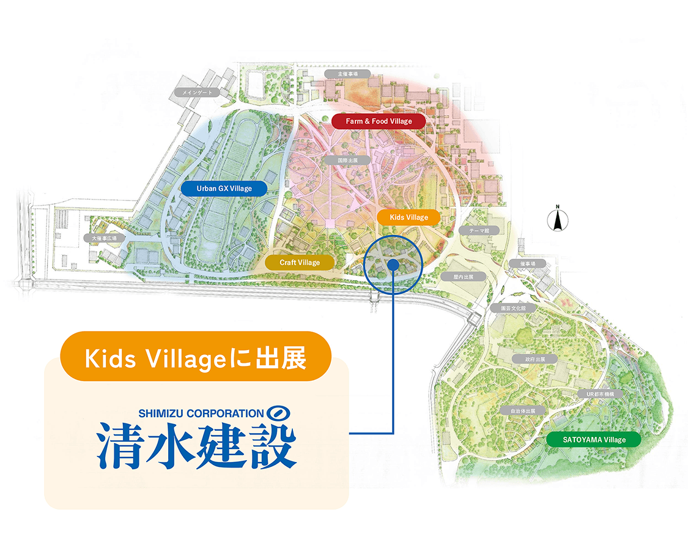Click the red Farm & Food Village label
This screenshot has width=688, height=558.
pyautogui.click(x=379, y=121)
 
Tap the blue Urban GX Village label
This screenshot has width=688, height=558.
pyautogui.click(x=224, y=188)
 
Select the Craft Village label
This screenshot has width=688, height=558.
pyautogui.click(x=300, y=262)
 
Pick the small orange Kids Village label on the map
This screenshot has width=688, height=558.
pyautogui.click(x=409, y=217)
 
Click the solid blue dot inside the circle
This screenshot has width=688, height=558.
pyautogui.click(x=393, y=264)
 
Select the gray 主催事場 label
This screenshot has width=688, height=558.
pyautogui.click(x=347, y=73)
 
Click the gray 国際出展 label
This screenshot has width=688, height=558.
pyautogui.click(x=347, y=160)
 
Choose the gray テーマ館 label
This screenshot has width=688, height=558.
pyautogui.click(x=478, y=231)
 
